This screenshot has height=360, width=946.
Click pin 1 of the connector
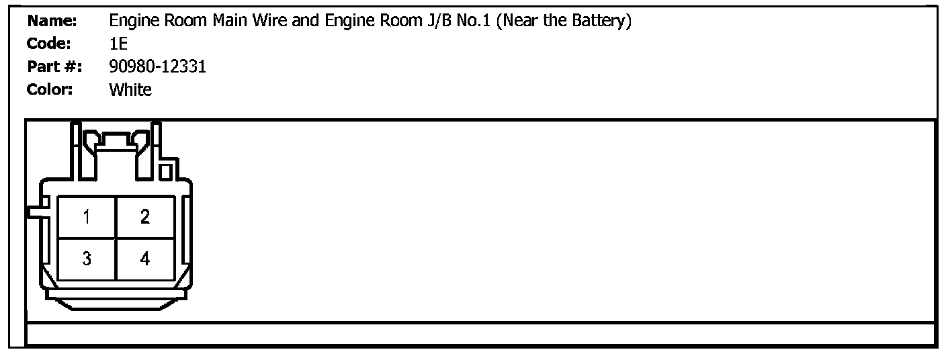[87, 217]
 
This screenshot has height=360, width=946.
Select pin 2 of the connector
[145, 217]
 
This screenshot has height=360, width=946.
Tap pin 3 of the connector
[87, 259]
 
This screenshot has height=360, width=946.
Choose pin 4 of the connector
[145, 259]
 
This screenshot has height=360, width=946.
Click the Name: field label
[52, 21]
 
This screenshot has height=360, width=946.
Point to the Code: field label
[49, 44]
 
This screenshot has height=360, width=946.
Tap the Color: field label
[50, 89]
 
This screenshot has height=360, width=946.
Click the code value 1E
[118, 44]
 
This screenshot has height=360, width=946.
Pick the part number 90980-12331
[157, 67]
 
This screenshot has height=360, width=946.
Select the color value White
[130, 89]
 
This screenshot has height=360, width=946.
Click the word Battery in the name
[599, 21]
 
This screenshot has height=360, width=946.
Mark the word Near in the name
[524, 21]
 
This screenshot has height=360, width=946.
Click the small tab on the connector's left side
[34, 212]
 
